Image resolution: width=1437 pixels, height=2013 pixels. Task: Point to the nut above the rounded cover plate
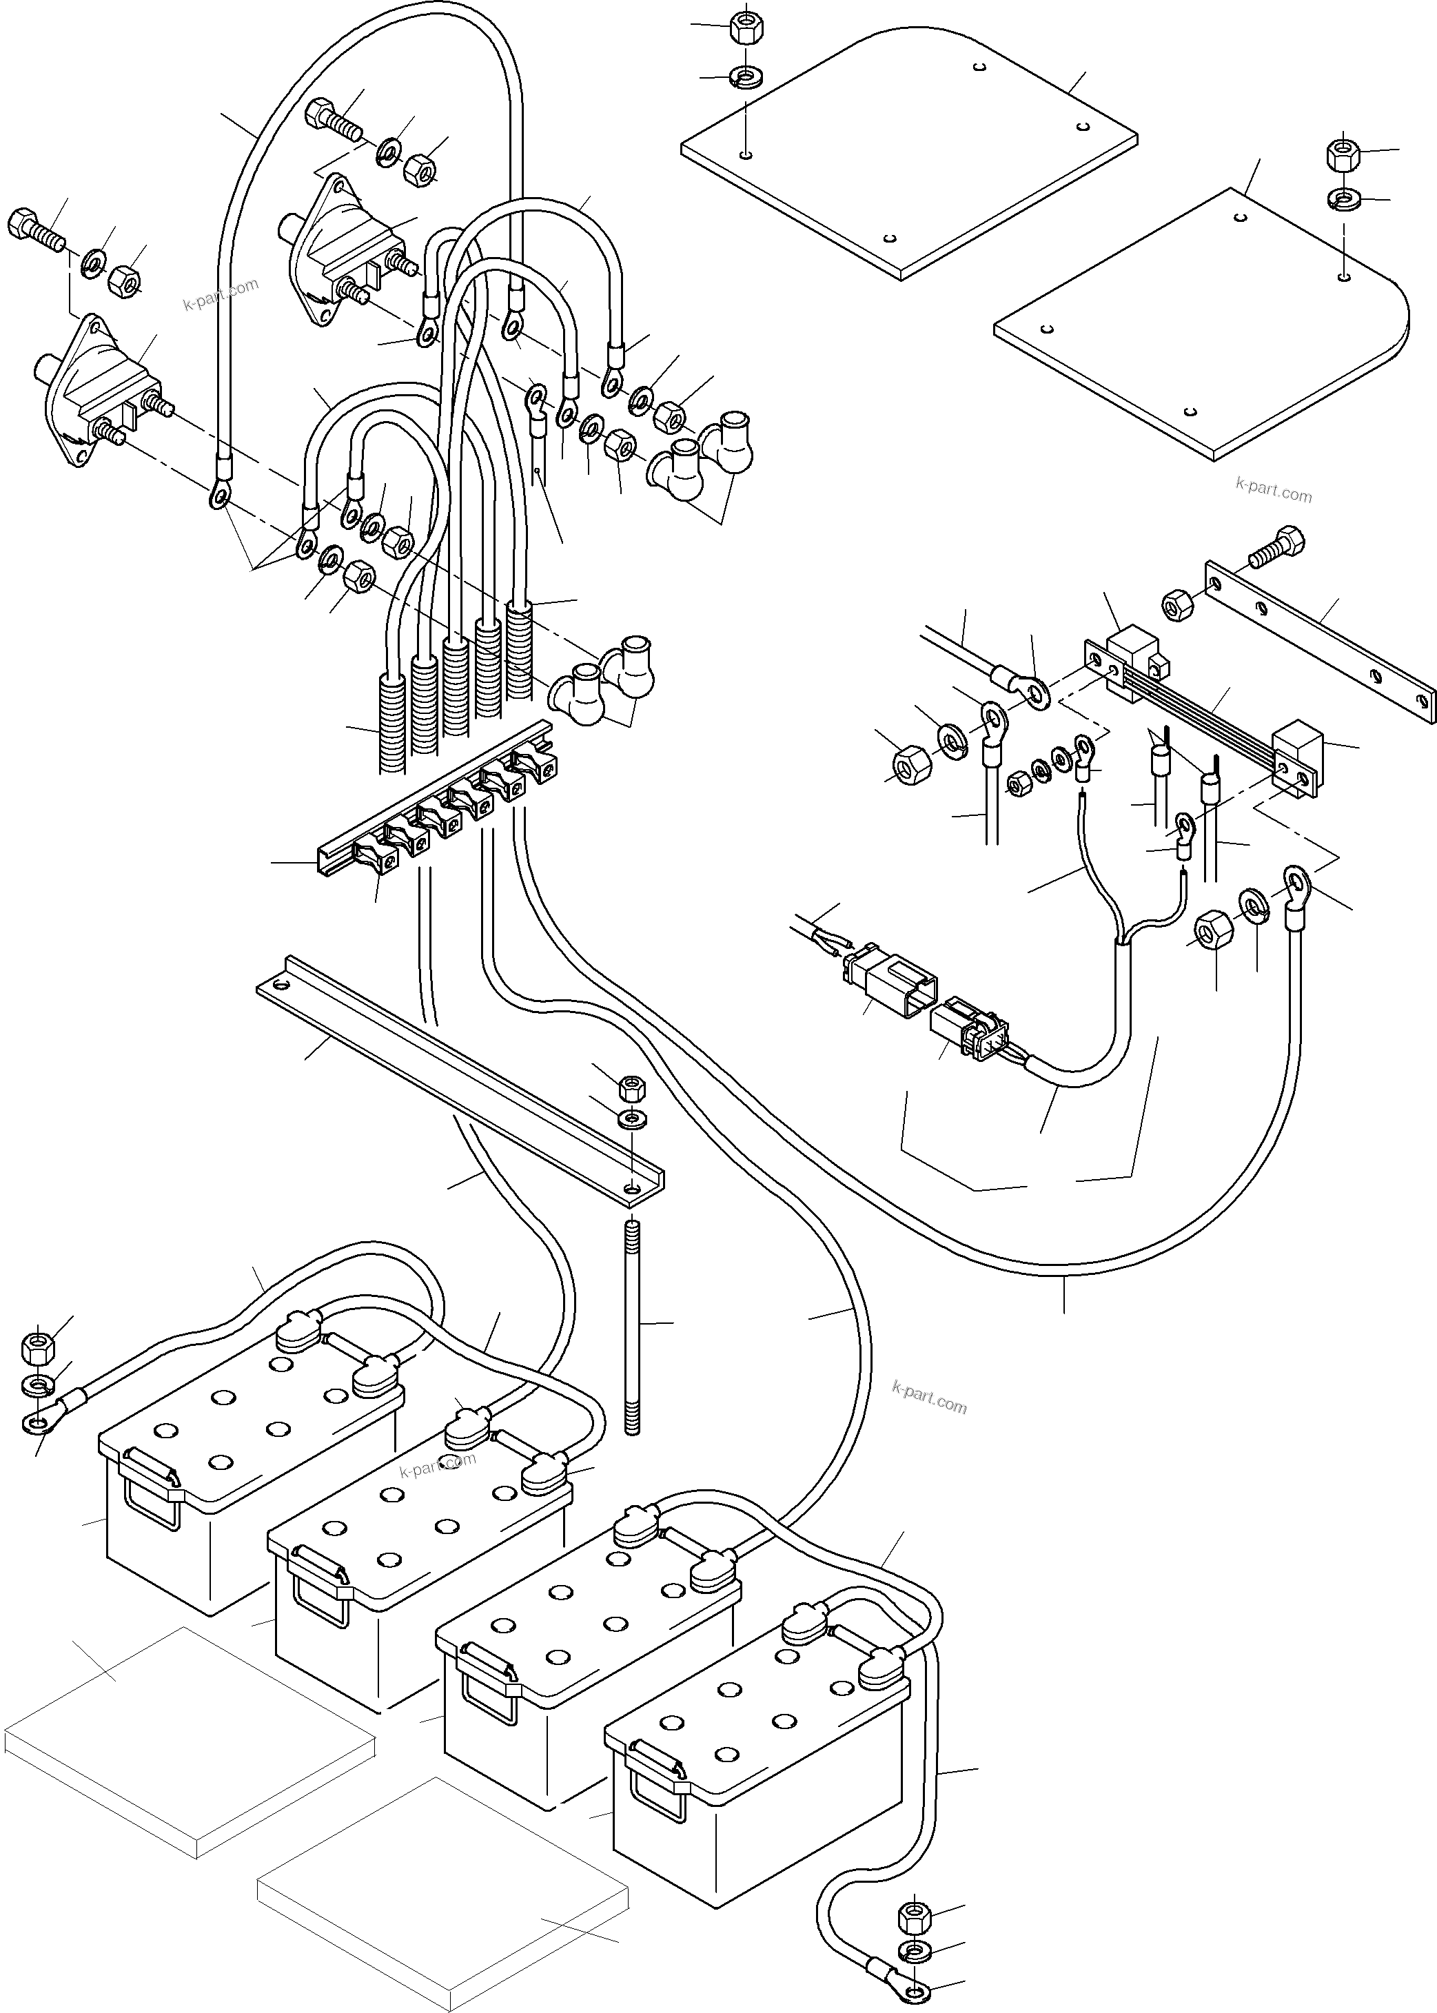pos(1343,156)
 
